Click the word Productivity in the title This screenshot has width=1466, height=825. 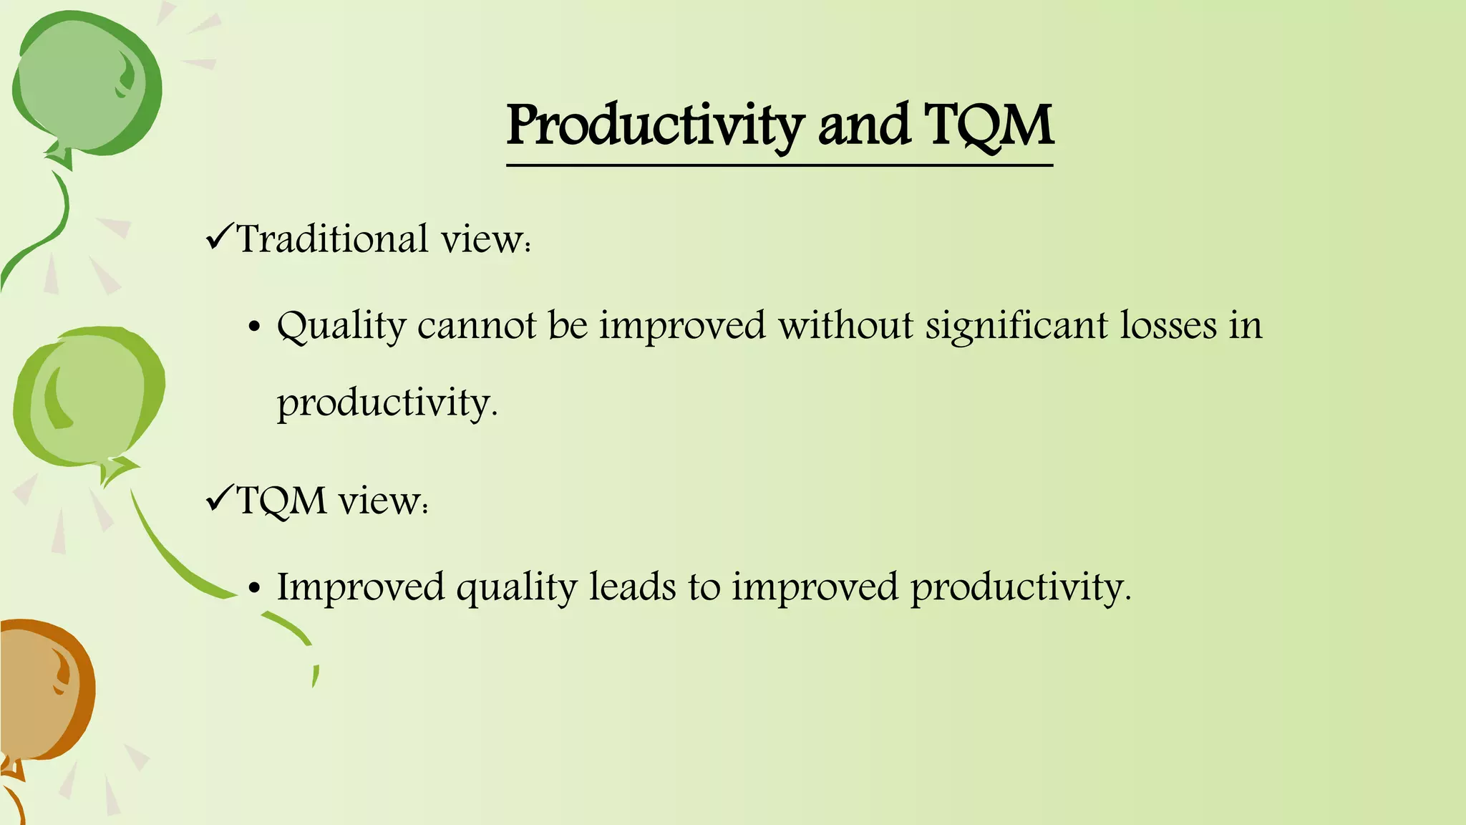(655, 125)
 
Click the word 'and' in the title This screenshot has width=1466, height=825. (863, 125)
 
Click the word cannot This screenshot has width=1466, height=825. (477, 326)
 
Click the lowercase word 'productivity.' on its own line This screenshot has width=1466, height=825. (387, 404)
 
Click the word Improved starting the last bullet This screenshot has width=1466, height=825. (361, 587)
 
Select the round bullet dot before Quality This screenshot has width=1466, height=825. (253, 328)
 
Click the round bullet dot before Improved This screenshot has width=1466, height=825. (253, 589)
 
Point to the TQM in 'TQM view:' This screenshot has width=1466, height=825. (282, 500)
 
